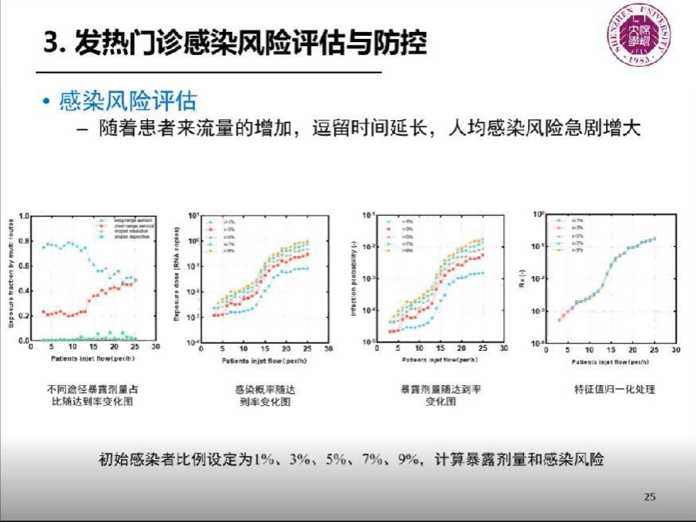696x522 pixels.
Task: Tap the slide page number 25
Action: tap(649, 497)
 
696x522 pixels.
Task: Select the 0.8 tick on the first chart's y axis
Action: tap(23, 240)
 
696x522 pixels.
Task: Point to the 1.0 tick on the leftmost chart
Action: tap(23, 216)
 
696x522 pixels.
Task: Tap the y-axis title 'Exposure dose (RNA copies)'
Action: tap(176, 279)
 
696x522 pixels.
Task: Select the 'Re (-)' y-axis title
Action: tap(522, 279)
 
